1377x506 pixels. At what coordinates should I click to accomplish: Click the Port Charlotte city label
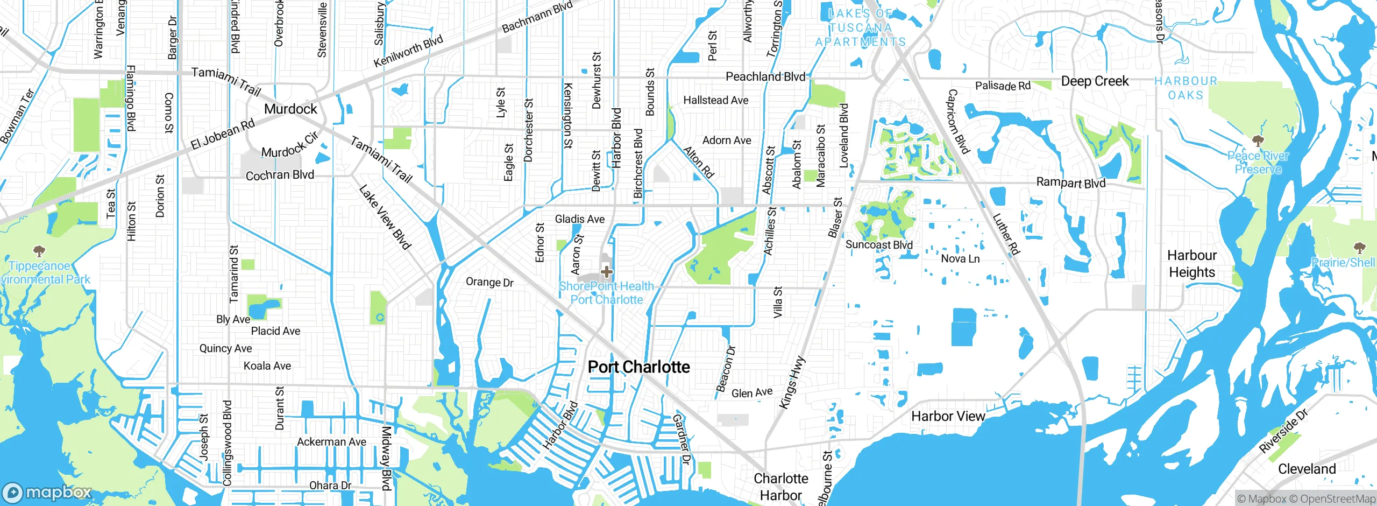click(638, 367)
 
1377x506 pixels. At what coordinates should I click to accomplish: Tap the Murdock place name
click(290, 109)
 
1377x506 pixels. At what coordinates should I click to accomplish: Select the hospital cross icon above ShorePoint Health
click(607, 272)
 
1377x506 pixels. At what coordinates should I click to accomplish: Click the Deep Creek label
click(1095, 81)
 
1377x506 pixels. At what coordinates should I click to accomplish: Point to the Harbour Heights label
click(1191, 264)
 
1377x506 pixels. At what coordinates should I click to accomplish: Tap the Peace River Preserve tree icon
click(1258, 142)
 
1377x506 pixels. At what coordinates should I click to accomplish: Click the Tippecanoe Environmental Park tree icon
click(39, 251)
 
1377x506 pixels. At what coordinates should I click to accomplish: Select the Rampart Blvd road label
click(1070, 182)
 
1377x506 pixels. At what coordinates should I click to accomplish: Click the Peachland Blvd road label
click(765, 77)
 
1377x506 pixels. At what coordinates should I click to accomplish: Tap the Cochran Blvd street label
click(280, 175)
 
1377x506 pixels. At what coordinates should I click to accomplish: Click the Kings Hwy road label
click(792, 382)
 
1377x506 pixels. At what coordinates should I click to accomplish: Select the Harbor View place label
click(948, 416)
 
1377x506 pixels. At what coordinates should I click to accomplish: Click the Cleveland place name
click(1307, 469)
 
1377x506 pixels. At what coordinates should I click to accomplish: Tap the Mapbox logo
click(47, 493)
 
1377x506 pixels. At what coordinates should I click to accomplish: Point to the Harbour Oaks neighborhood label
click(1186, 88)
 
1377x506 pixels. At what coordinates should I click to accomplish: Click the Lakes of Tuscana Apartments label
click(860, 28)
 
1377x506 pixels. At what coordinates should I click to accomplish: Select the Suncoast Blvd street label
click(879, 245)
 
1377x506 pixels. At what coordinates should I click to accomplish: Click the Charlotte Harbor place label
click(780, 487)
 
